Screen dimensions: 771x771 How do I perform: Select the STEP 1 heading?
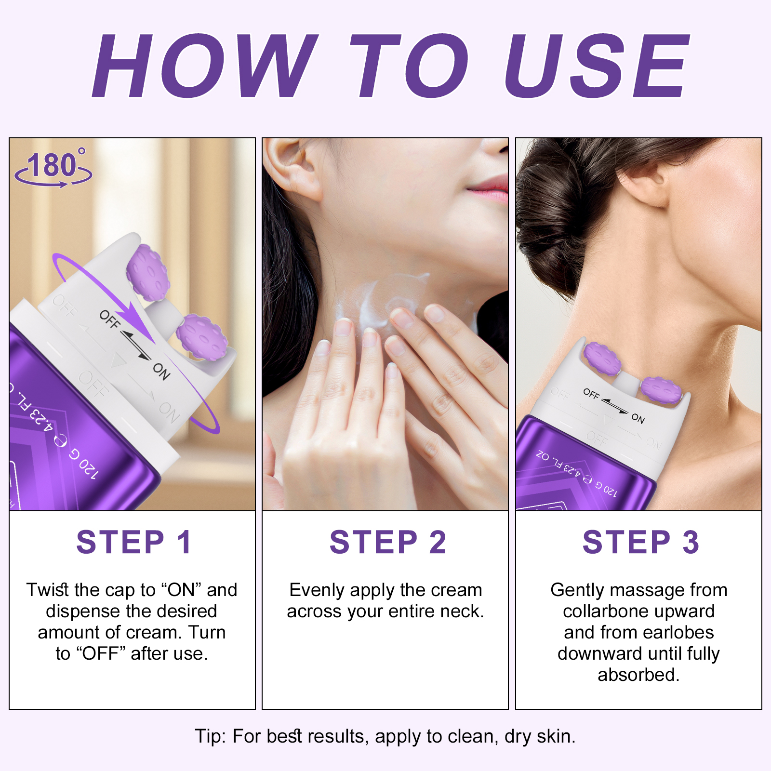[x=134, y=542]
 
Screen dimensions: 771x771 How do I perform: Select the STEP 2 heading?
[x=387, y=542]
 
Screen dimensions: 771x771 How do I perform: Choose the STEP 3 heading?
[x=640, y=542]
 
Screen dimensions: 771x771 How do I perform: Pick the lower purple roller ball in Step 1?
[x=201, y=337]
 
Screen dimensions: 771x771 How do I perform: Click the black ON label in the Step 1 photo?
[x=161, y=371]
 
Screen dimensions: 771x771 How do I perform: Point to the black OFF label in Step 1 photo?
[x=109, y=319]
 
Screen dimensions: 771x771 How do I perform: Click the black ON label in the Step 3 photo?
[x=638, y=418]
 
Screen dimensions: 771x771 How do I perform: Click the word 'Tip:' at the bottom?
[x=210, y=736]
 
